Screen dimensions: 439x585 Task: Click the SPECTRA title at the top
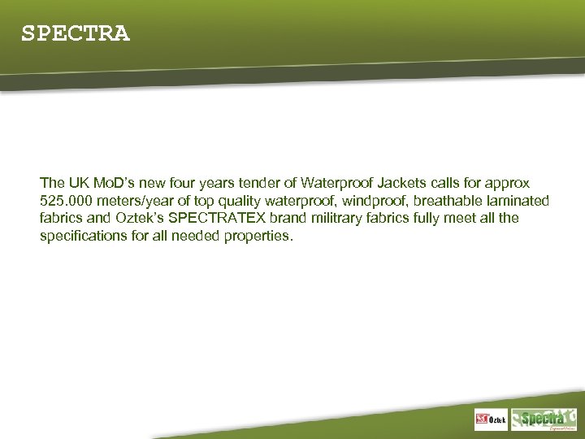point(75,34)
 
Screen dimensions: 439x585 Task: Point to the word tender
point(254,184)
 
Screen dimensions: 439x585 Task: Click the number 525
point(50,201)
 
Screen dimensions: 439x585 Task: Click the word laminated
point(518,201)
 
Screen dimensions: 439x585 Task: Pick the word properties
point(258,236)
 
